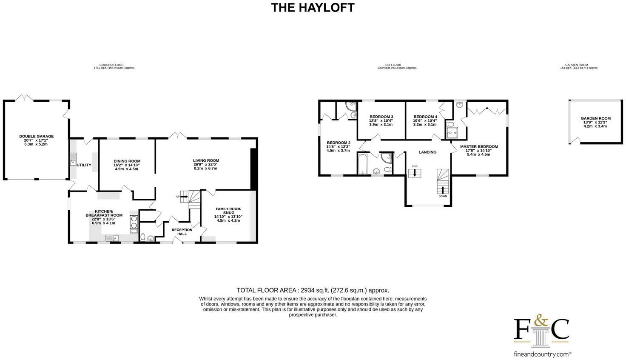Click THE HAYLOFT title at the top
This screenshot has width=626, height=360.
coord(313,8)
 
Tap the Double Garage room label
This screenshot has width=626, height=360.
coord(37,137)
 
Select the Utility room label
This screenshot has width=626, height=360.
coord(84,165)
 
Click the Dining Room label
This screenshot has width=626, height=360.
coord(127,161)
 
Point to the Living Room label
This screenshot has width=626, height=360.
coord(206,160)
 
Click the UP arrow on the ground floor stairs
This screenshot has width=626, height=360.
coord(183,197)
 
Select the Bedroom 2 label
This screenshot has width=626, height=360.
coord(339,143)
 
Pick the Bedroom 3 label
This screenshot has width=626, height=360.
coord(381,117)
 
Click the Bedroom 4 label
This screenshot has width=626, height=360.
coord(425,117)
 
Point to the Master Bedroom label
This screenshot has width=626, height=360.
coord(478,146)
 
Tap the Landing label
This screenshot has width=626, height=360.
coord(427,152)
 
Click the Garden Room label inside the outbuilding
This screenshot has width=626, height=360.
coord(595,119)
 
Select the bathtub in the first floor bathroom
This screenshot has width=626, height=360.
coord(363,164)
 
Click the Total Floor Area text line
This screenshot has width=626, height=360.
coord(313,291)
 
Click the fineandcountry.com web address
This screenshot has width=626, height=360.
coord(542,354)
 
